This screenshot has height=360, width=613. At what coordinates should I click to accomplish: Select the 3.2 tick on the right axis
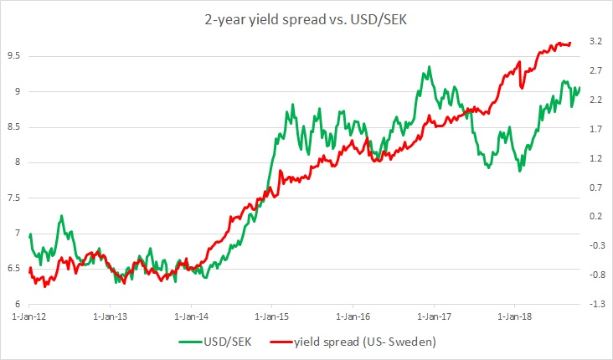(x=595, y=41)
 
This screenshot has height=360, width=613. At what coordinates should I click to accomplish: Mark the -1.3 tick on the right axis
(x=596, y=304)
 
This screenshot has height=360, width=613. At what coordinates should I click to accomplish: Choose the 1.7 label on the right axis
(x=595, y=129)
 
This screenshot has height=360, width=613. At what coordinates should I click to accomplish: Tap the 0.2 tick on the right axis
(x=595, y=216)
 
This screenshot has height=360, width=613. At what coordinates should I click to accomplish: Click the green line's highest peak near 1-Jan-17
(x=429, y=67)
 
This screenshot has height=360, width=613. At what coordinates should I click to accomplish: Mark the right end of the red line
(x=570, y=44)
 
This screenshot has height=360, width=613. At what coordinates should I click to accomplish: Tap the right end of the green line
(x=579, y=87)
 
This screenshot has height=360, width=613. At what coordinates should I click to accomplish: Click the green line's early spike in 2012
(x=61, y=216)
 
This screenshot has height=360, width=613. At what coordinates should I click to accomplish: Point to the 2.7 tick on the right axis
(x=595, y=70)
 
